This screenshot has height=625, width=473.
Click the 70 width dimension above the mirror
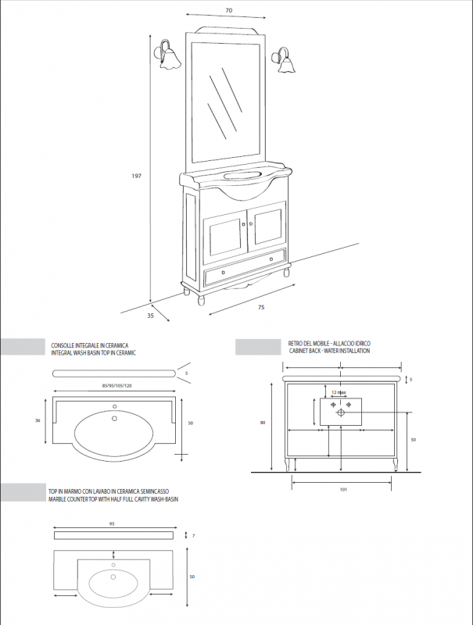click(x=229, y=11)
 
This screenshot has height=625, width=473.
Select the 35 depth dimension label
click(x=150, y=316)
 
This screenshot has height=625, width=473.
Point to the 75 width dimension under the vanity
click(x=261, y=307)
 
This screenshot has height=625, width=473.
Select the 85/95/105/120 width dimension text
click(x=116, y=386)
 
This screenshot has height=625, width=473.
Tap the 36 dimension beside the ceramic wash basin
click(x=37, y=421)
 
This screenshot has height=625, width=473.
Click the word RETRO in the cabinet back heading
click(x=296, y=343)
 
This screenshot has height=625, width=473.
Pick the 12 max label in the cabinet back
click(x=338, y=392)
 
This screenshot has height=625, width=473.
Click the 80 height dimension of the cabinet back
click(x=263, y=423)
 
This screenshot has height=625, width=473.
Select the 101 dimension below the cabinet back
click(x=343, y=490)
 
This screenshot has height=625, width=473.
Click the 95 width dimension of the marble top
click(x=113, y=523)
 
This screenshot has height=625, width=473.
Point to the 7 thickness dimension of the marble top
click(x=193, y=536)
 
